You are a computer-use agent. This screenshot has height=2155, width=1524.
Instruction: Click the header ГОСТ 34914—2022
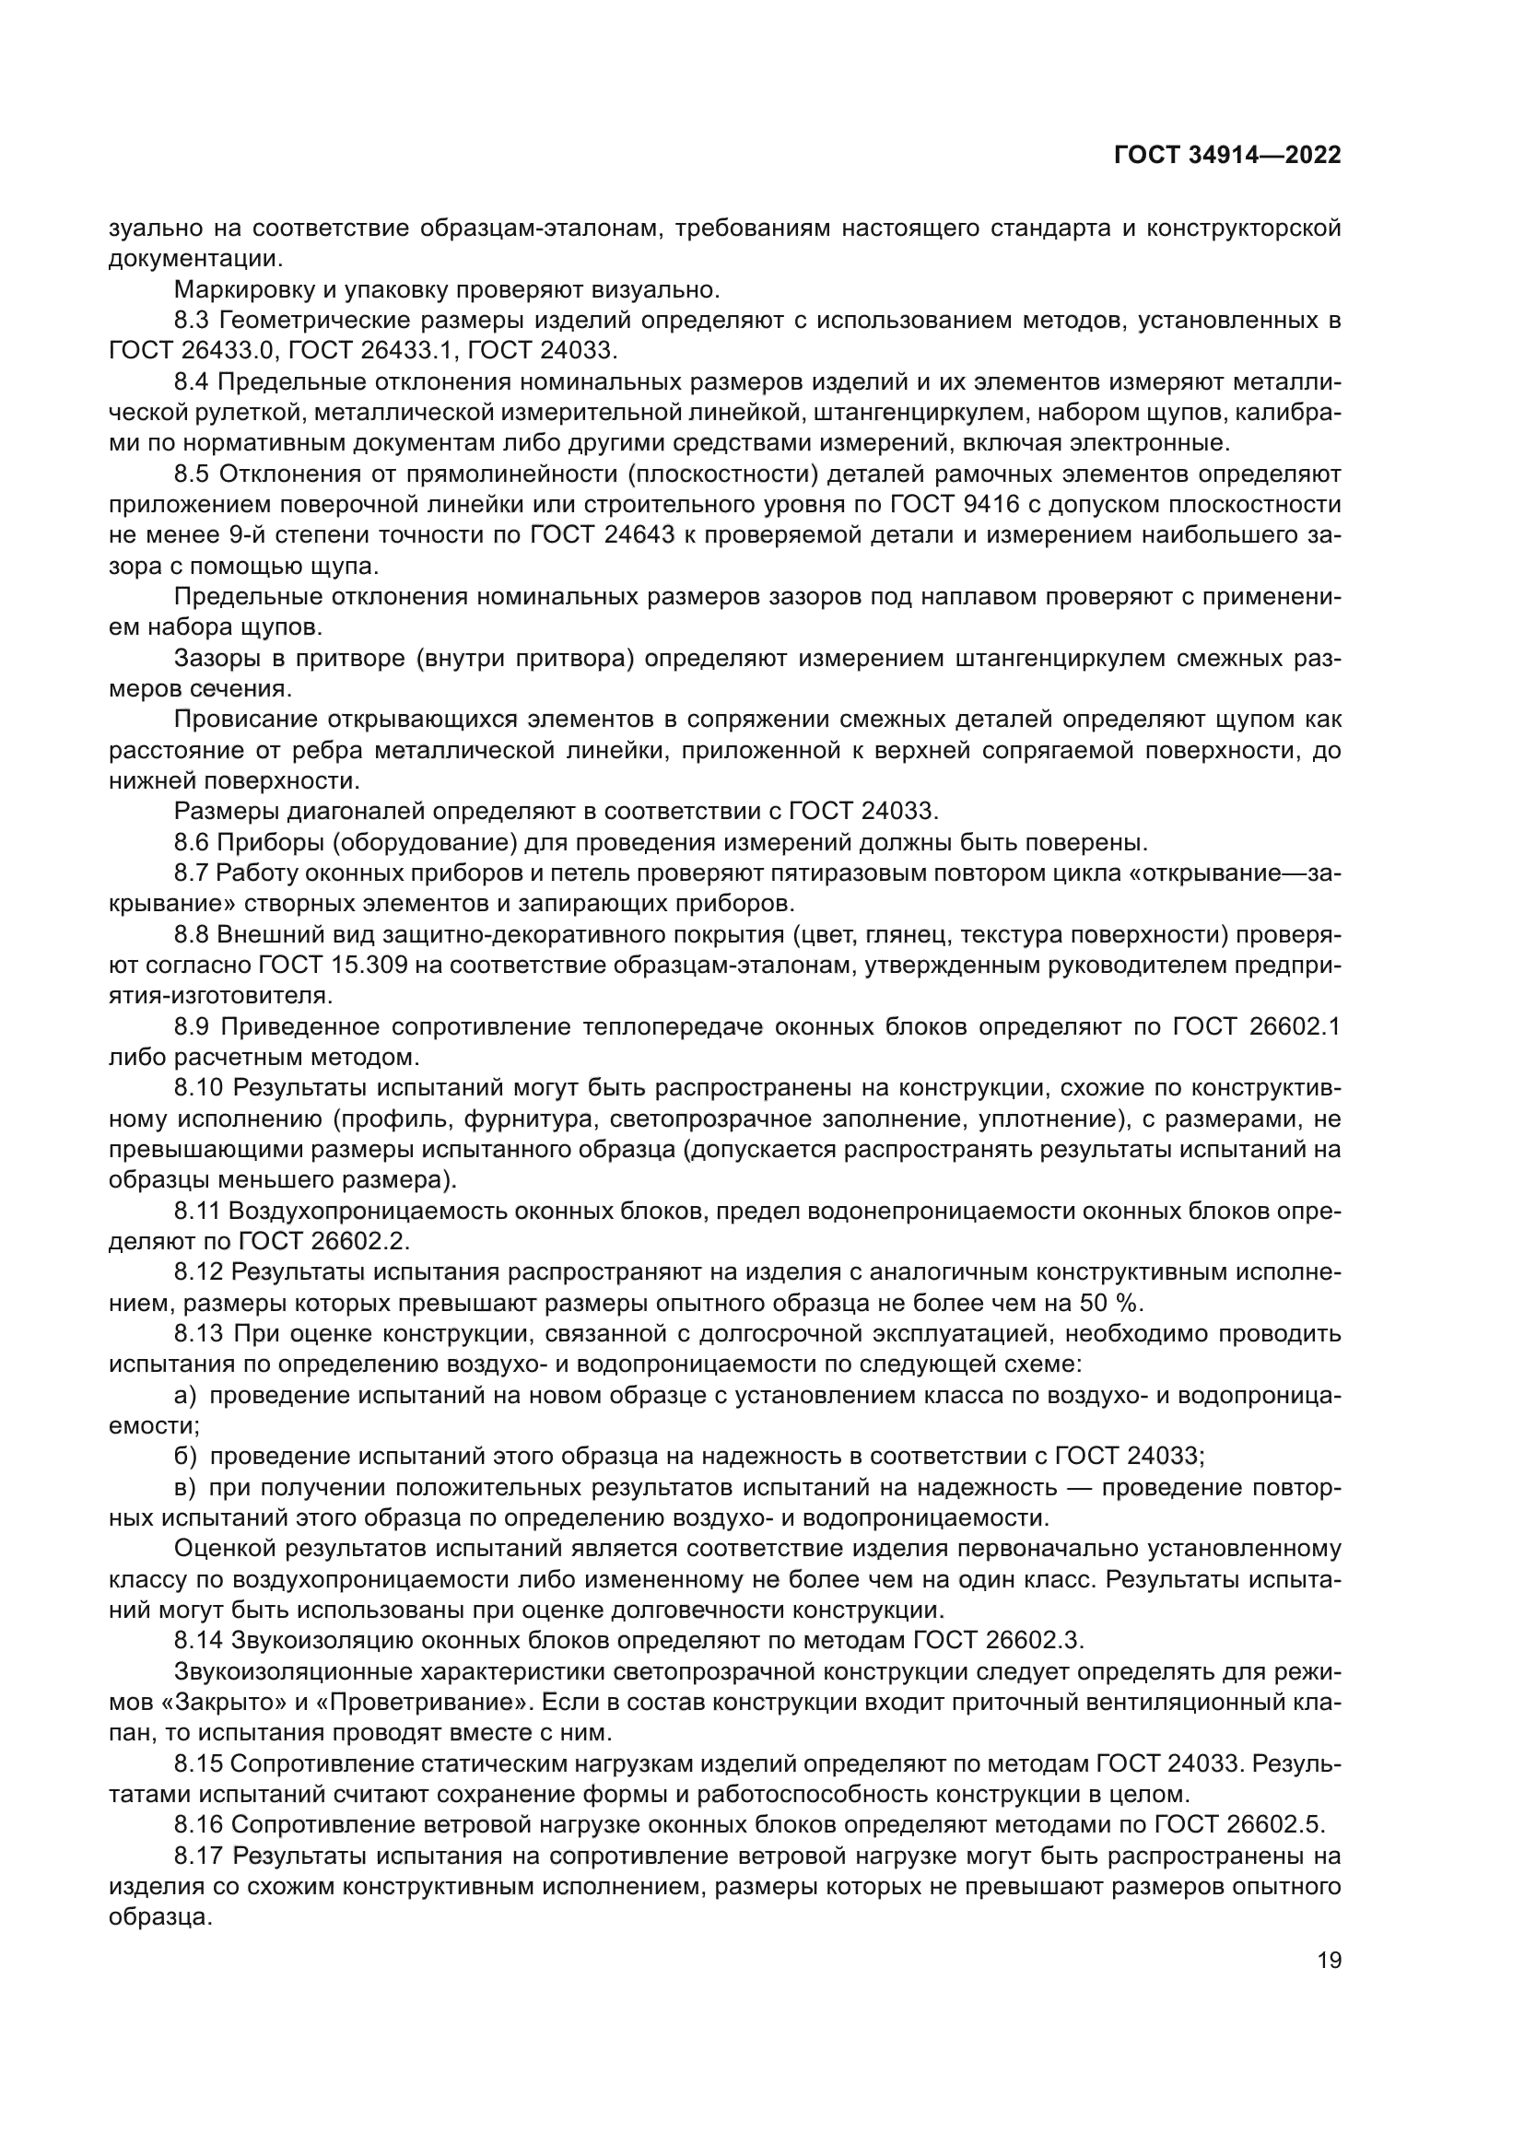(x=1226, y=156)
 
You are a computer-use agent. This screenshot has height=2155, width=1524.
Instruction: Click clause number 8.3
(x=193, y=321)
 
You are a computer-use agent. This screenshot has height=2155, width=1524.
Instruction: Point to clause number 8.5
(x=193, y=474)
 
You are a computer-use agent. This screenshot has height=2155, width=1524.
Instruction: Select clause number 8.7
(x=192, y=873)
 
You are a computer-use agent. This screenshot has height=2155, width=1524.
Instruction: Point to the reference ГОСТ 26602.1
(x=1256, y=1026)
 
